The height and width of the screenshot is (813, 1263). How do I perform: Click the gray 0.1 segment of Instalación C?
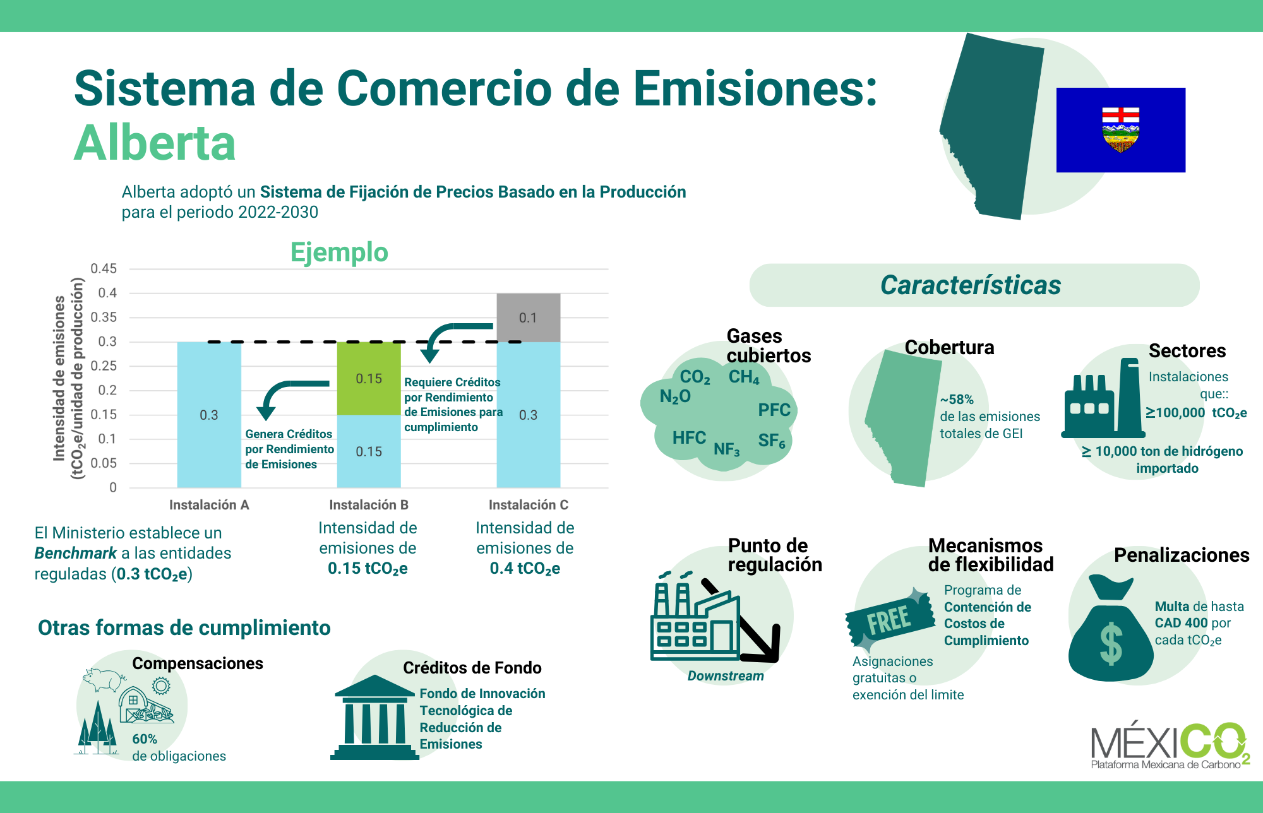point(528,317)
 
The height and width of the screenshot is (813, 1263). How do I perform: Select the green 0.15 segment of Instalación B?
point(369,378)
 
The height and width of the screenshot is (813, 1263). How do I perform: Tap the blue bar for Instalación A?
point(209,415)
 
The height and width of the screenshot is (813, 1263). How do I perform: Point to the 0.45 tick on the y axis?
point(104,269)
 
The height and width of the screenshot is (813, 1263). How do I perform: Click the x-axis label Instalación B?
point(369,505)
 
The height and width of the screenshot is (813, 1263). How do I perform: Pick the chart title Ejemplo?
point(339,252)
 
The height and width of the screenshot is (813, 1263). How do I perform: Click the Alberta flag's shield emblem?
point(1121,130)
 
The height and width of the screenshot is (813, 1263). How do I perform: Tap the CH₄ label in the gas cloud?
point(744,377)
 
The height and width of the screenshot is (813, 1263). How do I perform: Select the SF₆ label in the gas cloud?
point(772,441)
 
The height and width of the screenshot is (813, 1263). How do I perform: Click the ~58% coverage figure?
point(957,400)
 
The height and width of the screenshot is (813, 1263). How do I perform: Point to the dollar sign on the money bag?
point(1111,644)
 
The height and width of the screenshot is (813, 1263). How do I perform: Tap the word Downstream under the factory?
point(726,676)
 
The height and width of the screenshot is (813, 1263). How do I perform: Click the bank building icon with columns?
point(374,718)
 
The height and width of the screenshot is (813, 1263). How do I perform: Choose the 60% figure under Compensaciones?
point(145,739)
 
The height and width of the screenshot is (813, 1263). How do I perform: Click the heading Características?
point(971,285)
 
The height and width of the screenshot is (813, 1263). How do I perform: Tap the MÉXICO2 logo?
point(1170,745)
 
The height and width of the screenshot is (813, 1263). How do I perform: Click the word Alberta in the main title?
point(155,143)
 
